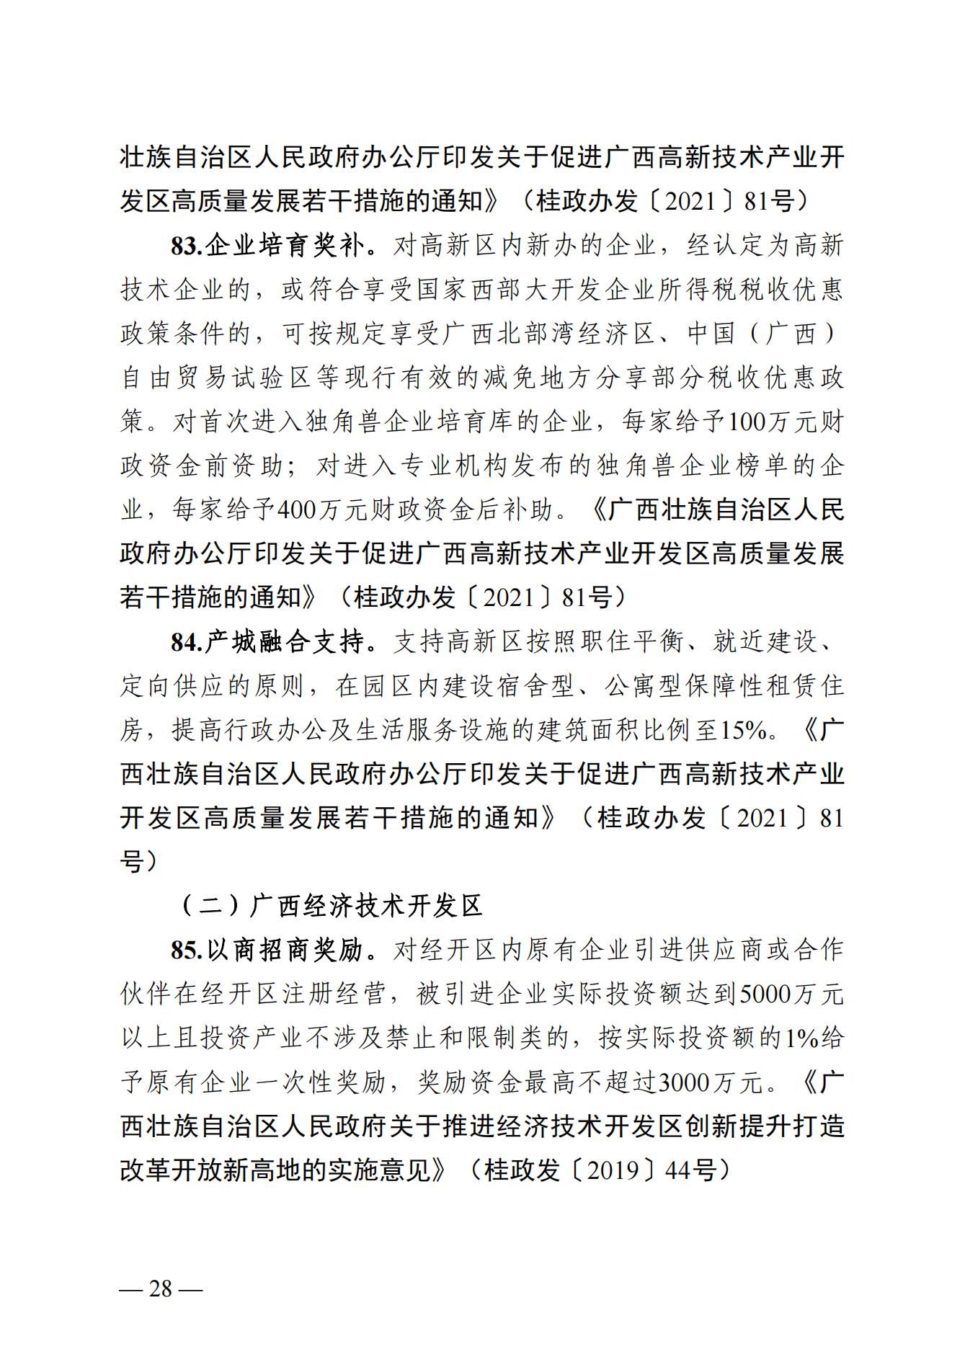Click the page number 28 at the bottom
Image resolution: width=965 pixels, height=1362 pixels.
[161, 1288]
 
